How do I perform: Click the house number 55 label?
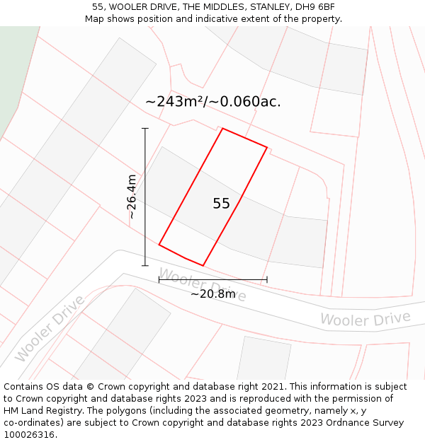(221, 204)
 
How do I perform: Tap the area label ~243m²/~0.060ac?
(212, 102)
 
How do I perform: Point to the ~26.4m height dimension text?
(131, 197)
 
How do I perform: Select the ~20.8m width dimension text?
(212, 293)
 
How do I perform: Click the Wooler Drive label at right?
(365, 319)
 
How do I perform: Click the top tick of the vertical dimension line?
(145, 129)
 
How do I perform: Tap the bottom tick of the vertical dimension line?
(145, 266)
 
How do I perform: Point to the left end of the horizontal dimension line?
(159, 279)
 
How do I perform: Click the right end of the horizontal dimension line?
(267, 279)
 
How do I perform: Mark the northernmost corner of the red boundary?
(222, 129)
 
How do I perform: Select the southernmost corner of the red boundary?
(203, 266)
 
